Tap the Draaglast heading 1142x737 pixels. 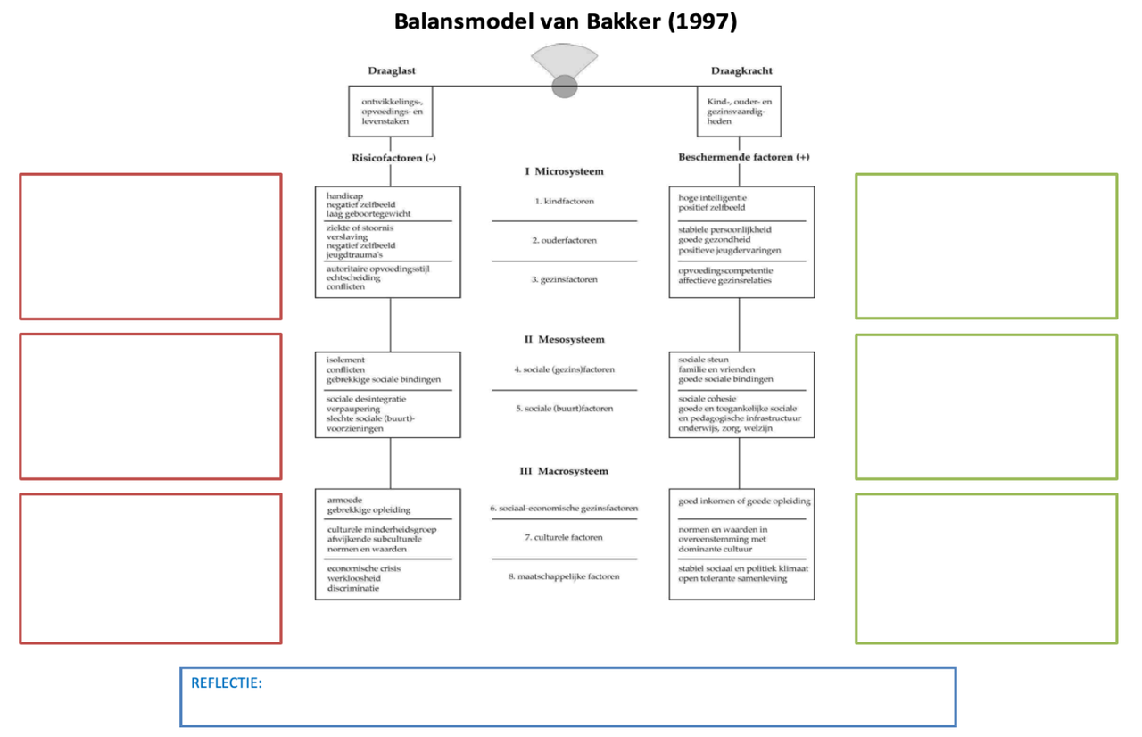392,70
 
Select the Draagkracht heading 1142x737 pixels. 741,70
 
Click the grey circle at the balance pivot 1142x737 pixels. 565,87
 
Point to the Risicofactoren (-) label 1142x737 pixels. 393,158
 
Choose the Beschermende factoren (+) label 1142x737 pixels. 743,158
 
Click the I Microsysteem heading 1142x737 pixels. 564,171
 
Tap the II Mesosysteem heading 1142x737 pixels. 564,340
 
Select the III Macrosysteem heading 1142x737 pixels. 564,471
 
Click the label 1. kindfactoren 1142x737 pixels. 564,202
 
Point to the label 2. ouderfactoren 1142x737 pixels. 564,241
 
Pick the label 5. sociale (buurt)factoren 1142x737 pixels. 564,409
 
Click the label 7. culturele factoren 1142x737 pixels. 564,537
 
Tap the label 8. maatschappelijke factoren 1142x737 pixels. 564,576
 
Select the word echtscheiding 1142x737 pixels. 353,277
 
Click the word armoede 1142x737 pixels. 344,500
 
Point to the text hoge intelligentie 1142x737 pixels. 712,197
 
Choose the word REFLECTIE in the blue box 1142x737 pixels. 226,683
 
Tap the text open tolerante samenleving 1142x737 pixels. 732,578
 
